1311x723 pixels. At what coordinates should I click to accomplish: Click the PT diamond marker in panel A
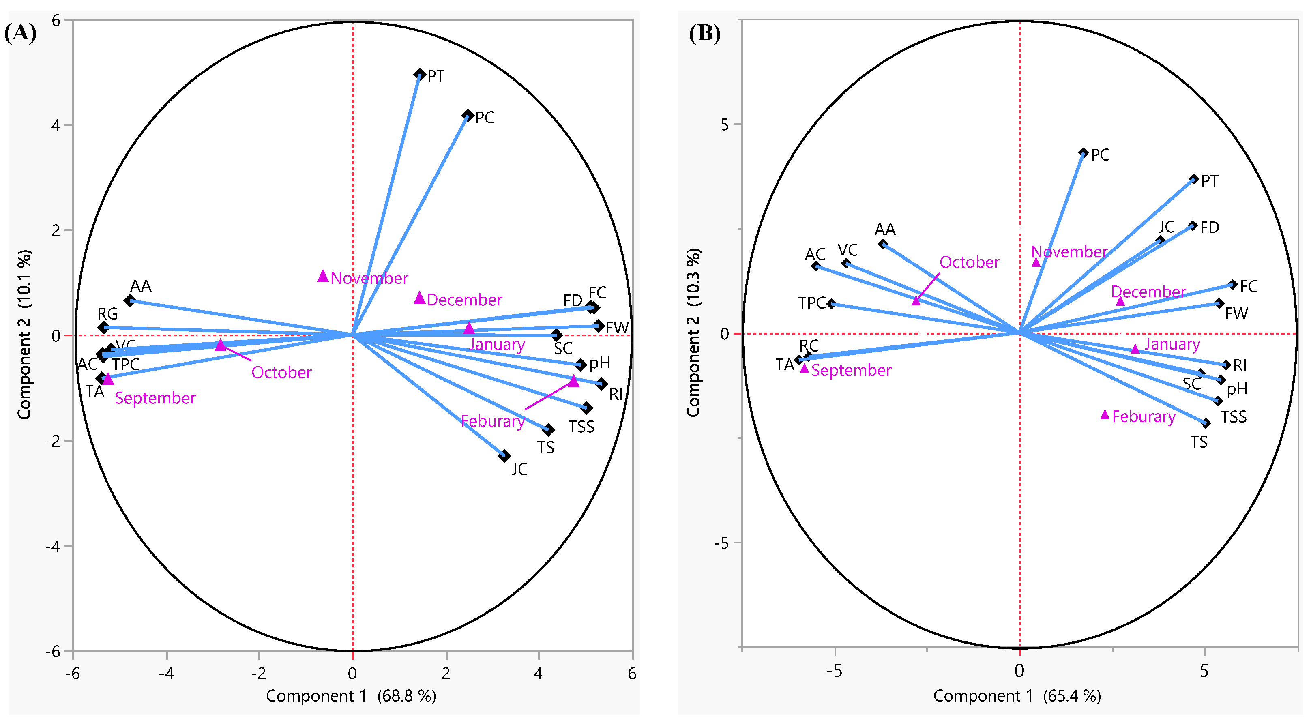419,74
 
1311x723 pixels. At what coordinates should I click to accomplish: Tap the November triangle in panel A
323,276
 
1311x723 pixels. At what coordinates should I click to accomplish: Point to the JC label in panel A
519,469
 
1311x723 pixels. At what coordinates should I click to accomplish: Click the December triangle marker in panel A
419,298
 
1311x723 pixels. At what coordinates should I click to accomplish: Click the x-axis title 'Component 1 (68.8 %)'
351,695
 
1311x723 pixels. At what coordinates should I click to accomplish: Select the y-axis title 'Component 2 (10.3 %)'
693,333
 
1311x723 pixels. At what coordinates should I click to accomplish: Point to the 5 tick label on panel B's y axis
725,124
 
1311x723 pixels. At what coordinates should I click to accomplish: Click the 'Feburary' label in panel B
1144,417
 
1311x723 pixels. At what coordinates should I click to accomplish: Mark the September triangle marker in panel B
804,368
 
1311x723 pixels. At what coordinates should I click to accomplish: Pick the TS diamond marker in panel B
1206,423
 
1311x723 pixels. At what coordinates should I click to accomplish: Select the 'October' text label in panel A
281,372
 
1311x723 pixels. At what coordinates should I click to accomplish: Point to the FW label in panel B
1236,313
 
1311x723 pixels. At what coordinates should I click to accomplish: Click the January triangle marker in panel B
1135,349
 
